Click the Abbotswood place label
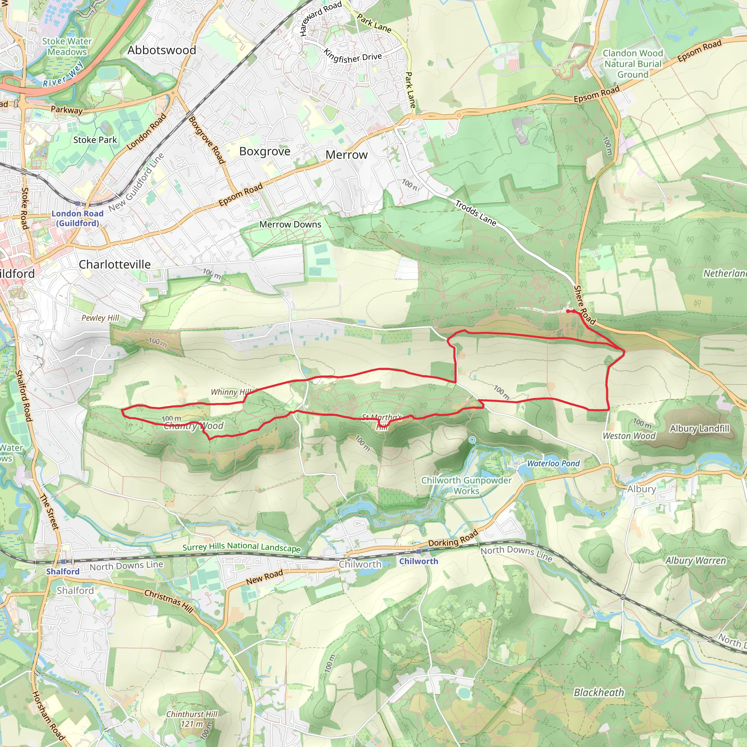tap(162, 50)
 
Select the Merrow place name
tap(347, 155)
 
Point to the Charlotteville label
tap(115, 264)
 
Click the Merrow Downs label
tap(290, 224)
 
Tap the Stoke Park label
tap(95, 140)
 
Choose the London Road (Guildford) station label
tap(77, 218)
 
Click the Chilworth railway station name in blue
tap(419, 561)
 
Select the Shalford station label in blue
tap(63, 572)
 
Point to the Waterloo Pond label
tap(553, 464)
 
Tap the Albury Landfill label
tap(700, 429)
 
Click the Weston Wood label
tap(629, 436)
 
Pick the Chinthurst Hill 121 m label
tap(192, 719)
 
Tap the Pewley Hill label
tap(101, 318)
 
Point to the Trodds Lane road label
tap(476, 213)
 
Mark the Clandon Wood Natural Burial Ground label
tap(632, 64)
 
